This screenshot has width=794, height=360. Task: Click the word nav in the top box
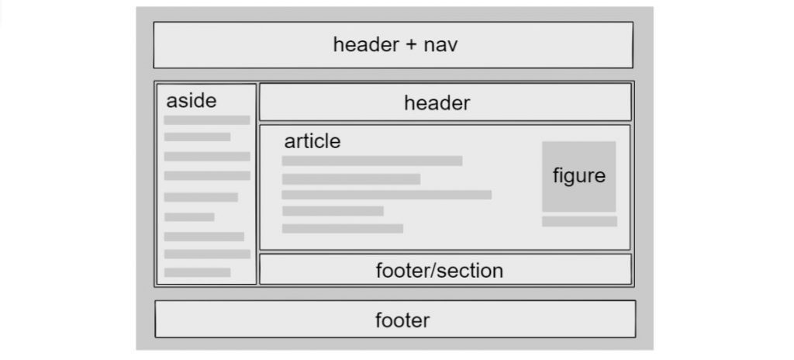440,45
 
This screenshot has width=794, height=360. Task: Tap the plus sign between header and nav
411,45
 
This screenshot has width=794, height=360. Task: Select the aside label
192,101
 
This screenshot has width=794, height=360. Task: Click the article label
312,141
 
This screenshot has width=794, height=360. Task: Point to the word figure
578,176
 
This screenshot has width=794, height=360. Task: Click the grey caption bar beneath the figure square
579,222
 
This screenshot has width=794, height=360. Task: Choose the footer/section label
440,271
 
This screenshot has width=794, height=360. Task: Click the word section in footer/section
470,271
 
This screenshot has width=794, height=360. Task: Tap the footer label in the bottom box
402,320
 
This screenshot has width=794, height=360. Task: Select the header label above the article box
437,103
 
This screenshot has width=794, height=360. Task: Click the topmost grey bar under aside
207,120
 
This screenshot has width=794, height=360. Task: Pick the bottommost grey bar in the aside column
198,272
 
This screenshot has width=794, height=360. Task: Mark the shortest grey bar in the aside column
189,217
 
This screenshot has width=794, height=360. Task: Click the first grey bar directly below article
372,161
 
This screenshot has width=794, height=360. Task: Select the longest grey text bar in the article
386,195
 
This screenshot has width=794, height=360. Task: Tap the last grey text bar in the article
343,229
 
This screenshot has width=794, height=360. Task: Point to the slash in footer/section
433,271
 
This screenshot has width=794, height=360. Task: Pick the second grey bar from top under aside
198,137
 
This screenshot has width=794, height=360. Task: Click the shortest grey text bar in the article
333,211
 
